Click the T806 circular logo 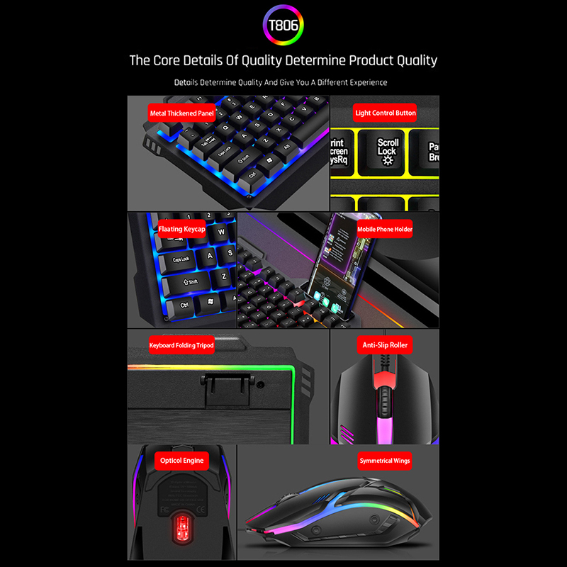(x=283, y=27)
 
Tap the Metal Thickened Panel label (x=181, y=113)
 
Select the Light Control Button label (x=385, y=113)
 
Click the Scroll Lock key (x=388, y=151)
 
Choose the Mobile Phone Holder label (x=384, y=229)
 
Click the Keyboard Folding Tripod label (x=181, y=345)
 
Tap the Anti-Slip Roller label (x=384, y=345)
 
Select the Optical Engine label (x=181, y=461)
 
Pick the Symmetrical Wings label (x=384, y=461)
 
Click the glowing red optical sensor (x=181, y=526)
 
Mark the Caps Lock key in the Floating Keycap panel (x=181, y=259)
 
